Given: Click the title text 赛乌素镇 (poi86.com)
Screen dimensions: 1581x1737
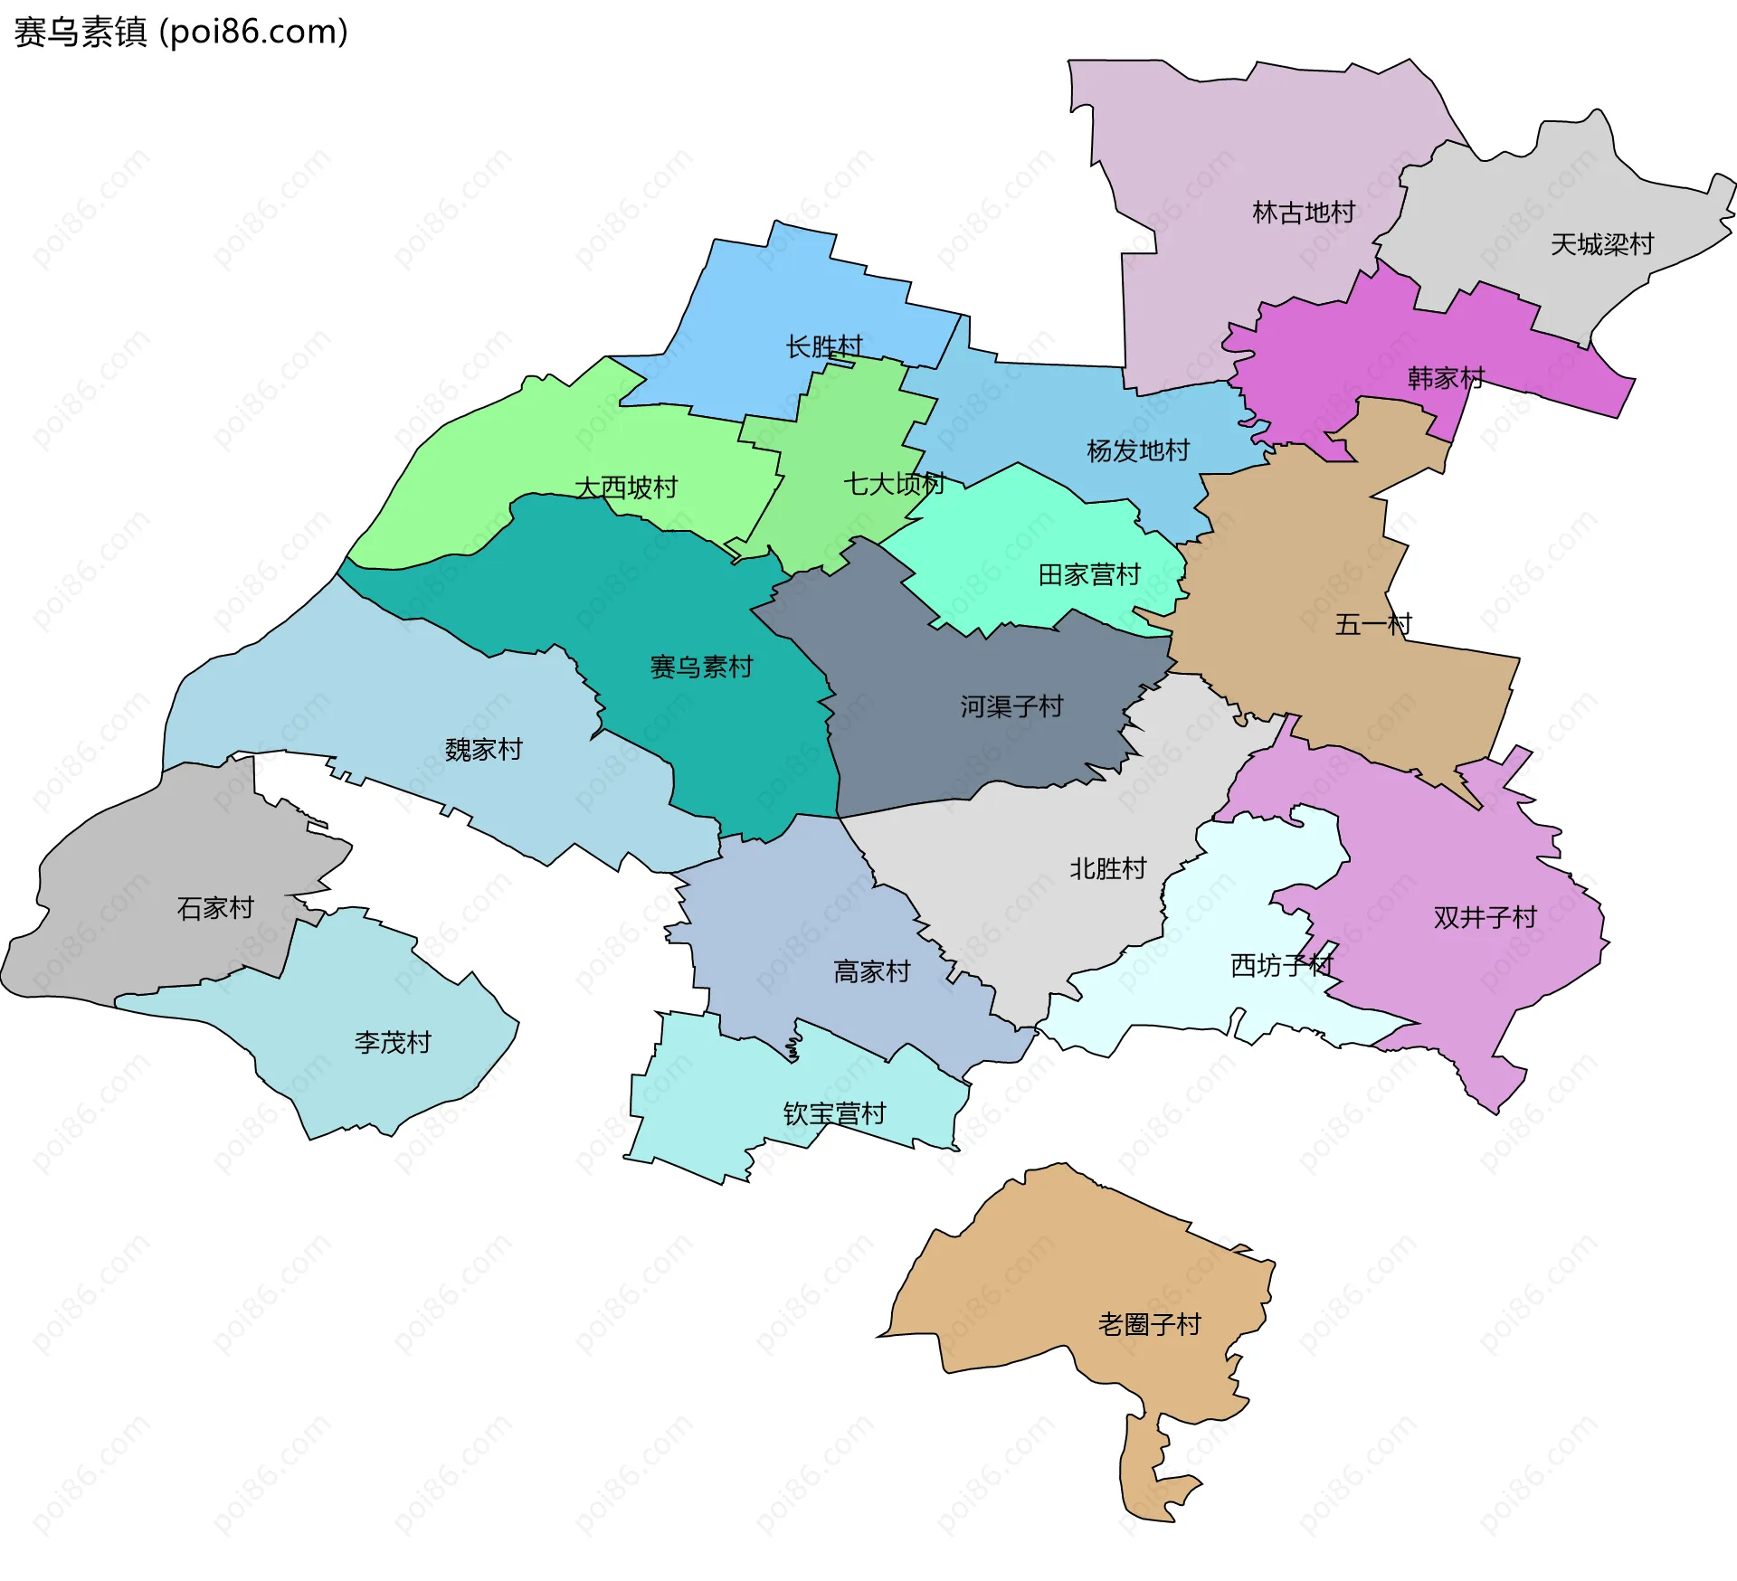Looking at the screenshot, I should [x=181, y=33].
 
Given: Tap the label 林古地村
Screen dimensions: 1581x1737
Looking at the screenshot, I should [x=1304, y=213].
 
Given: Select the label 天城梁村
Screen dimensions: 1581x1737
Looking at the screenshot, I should [x=1602, y=244].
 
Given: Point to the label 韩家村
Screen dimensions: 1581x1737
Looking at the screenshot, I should [x=1446, y=378].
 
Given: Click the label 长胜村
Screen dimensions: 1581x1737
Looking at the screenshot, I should [x=824, y=346].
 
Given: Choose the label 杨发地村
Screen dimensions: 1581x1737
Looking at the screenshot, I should [x=1138, y=450].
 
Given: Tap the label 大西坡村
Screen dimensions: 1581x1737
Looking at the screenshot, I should [x=626, y=488].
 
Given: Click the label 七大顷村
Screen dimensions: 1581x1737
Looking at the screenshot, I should [x=894, y=484].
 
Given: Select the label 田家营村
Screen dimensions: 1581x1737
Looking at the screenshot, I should [x=1089, y=574].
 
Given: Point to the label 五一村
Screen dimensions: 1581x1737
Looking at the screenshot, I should [x=1373, y=624].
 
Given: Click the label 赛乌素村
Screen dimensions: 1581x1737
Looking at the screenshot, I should [x=701, y=667].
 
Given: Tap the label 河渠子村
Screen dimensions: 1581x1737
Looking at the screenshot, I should [x=1011, y=706].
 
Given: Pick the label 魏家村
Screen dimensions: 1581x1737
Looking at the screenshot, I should [x=484, y=749].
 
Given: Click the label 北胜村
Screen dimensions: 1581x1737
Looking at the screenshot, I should [x=1108, y=868].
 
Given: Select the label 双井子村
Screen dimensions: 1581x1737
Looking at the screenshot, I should [x=1485, y=917].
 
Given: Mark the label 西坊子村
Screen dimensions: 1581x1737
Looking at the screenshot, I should [x=1282, y=965].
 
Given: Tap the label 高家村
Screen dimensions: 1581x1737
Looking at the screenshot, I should [x=871, y=971].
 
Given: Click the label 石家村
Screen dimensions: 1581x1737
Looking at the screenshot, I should [x=215, y=907].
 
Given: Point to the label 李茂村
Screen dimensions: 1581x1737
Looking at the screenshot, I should [x=393, y=1043].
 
